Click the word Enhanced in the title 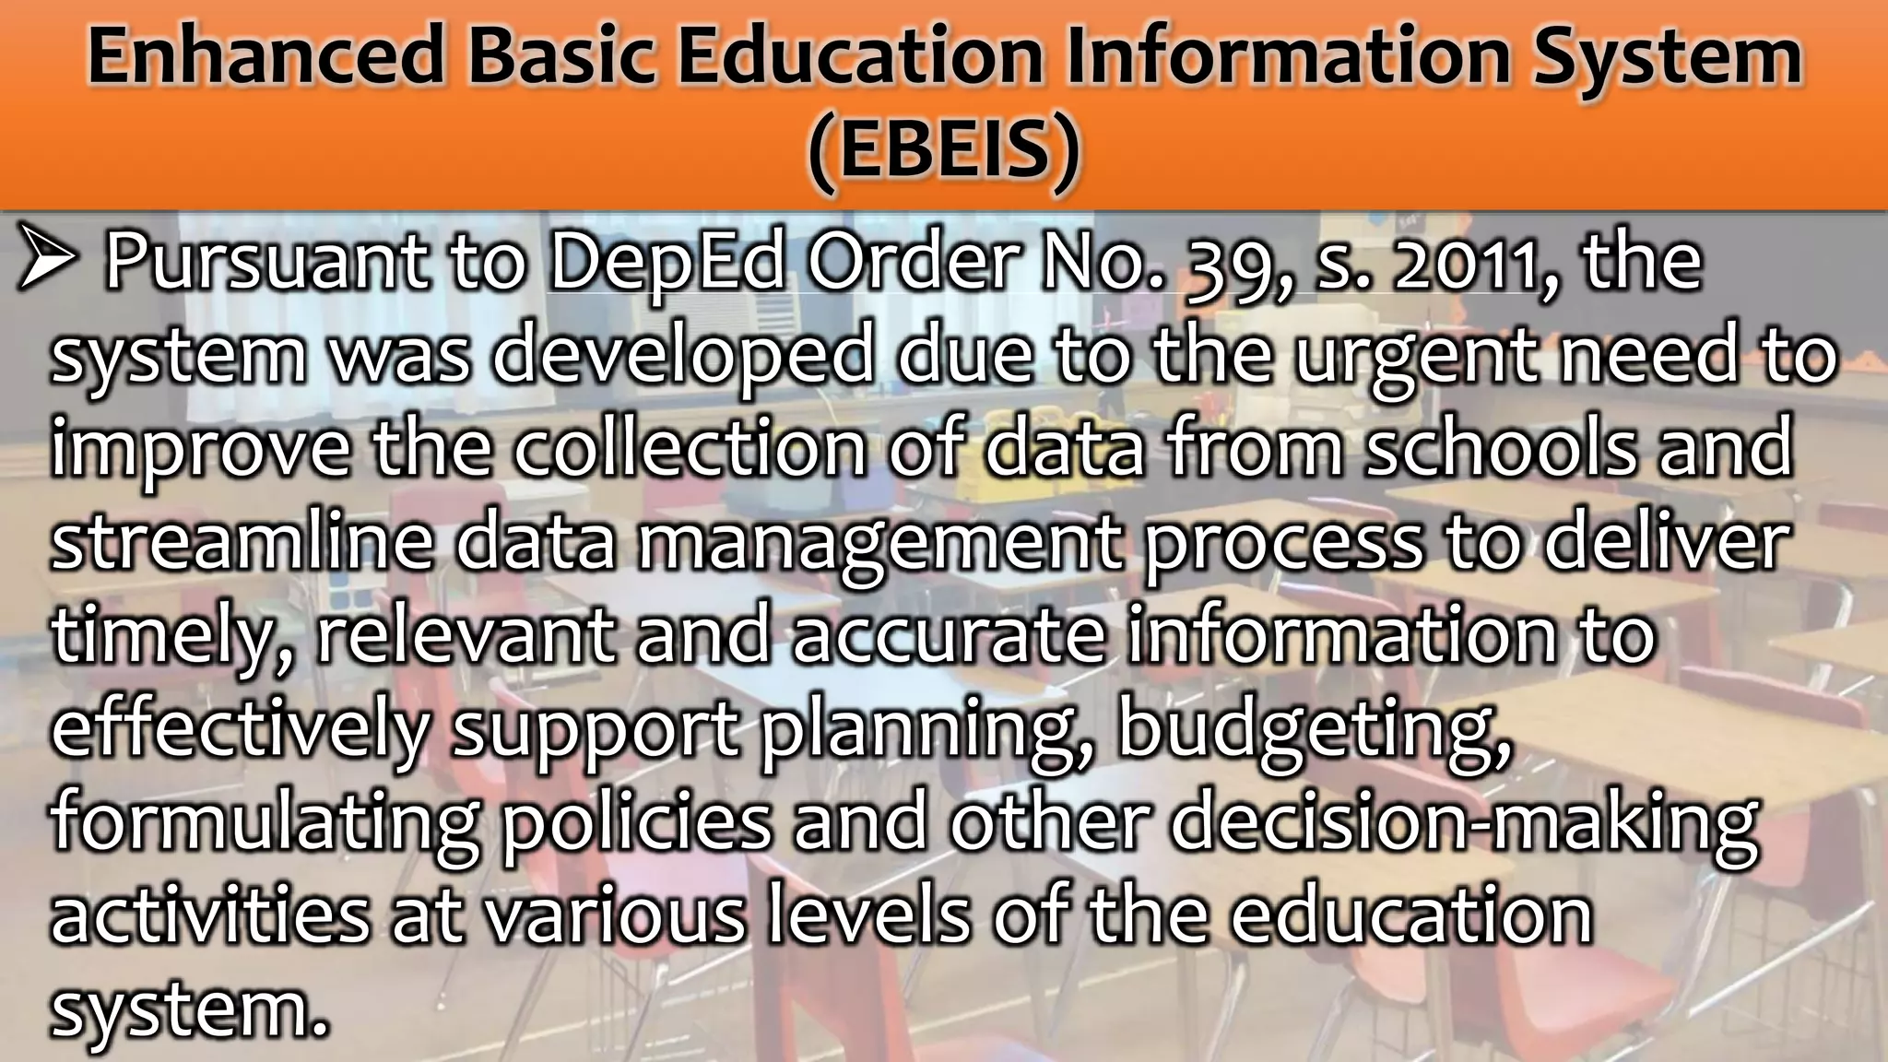(x=266, y=57)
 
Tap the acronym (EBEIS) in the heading (x=943, y=151)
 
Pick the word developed (x=683, y=358)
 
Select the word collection (x=690, y=448)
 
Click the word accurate (x=949, y=636)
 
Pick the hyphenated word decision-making (x=1464, y=824)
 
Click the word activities (x=210, y=916)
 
